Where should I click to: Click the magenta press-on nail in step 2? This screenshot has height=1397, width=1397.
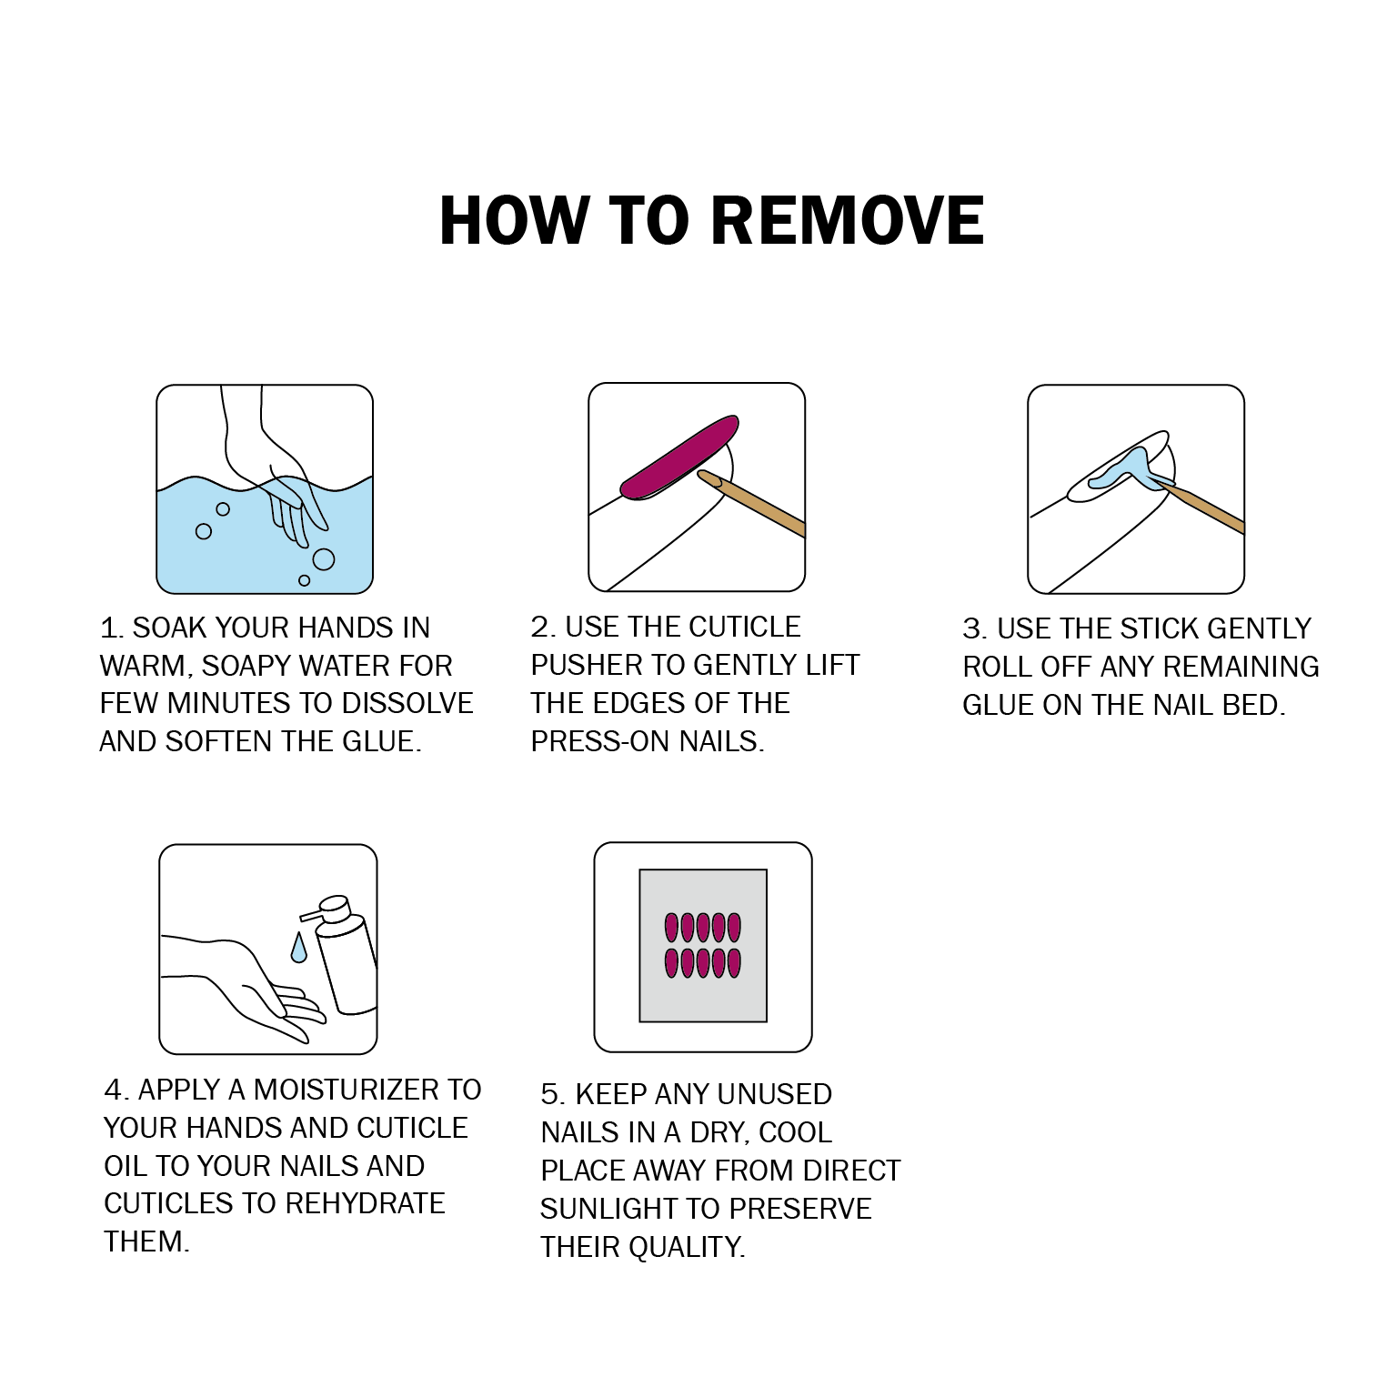click(x=679, y=457)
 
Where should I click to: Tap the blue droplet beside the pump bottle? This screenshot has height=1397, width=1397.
click(x=298, y=947)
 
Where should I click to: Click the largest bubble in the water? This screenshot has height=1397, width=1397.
click(x=323, y=559)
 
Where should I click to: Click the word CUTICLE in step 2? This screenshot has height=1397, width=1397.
click(x=743, y=627)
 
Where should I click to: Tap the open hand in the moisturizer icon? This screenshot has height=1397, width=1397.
click(x=243, y=987)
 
